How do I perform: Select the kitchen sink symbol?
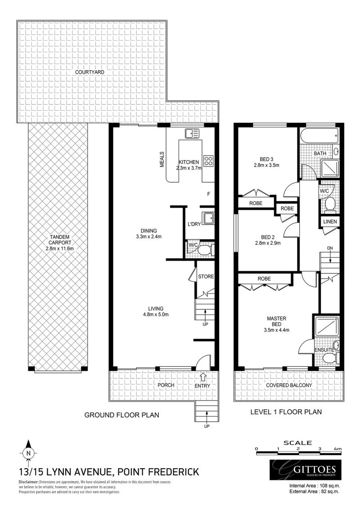pos(193,133)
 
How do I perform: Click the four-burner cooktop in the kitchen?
pos(208,161)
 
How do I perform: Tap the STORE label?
pos(206,276)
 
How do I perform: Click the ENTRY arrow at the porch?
pos(203,376)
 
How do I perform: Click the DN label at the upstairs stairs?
pos(330,248)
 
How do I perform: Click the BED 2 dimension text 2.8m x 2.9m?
pos(267,243)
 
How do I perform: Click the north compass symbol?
pos(28,452)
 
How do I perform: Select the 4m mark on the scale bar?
pos(337,449)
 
